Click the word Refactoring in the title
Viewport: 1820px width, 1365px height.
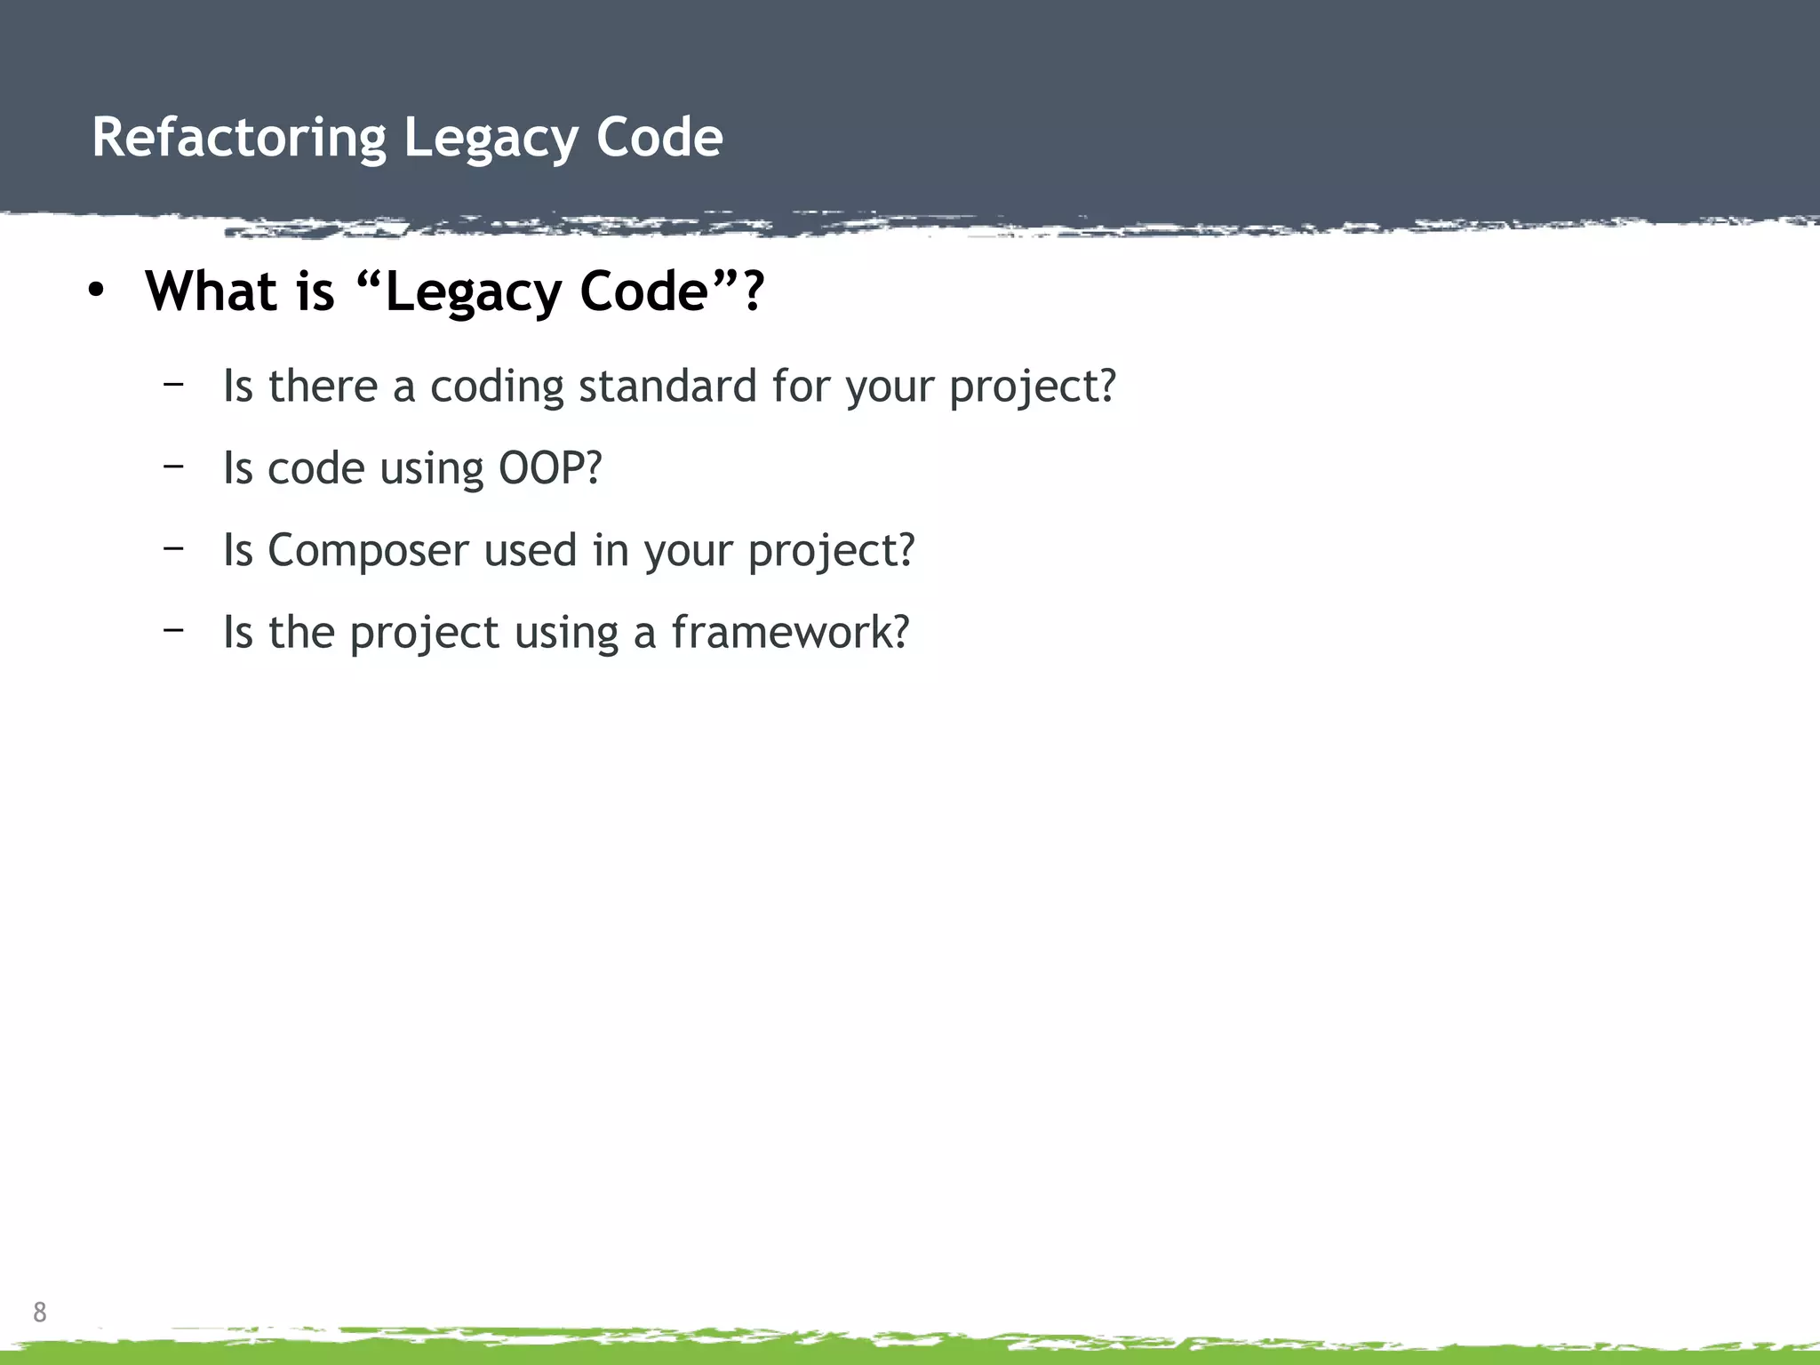239,139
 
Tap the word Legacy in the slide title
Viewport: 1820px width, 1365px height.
491,139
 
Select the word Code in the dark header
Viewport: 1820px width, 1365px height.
659,139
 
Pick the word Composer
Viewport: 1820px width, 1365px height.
368,550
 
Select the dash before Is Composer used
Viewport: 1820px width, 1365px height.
173,547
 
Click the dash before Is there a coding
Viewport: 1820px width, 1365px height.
173,383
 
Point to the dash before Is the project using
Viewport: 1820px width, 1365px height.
173,629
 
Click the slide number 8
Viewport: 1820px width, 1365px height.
40,1312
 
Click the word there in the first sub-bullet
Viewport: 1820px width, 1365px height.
323,387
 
